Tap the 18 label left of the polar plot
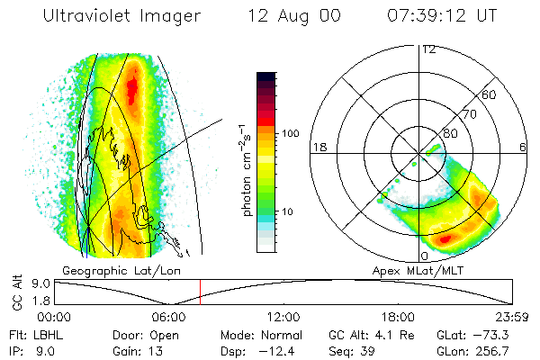click(x=318, y=147)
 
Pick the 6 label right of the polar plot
click(x=523, y=147)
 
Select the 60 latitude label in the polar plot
click(x=490, y=94)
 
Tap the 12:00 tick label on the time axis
click(x=283, y=317)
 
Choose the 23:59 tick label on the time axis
click(x=511, y=317)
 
